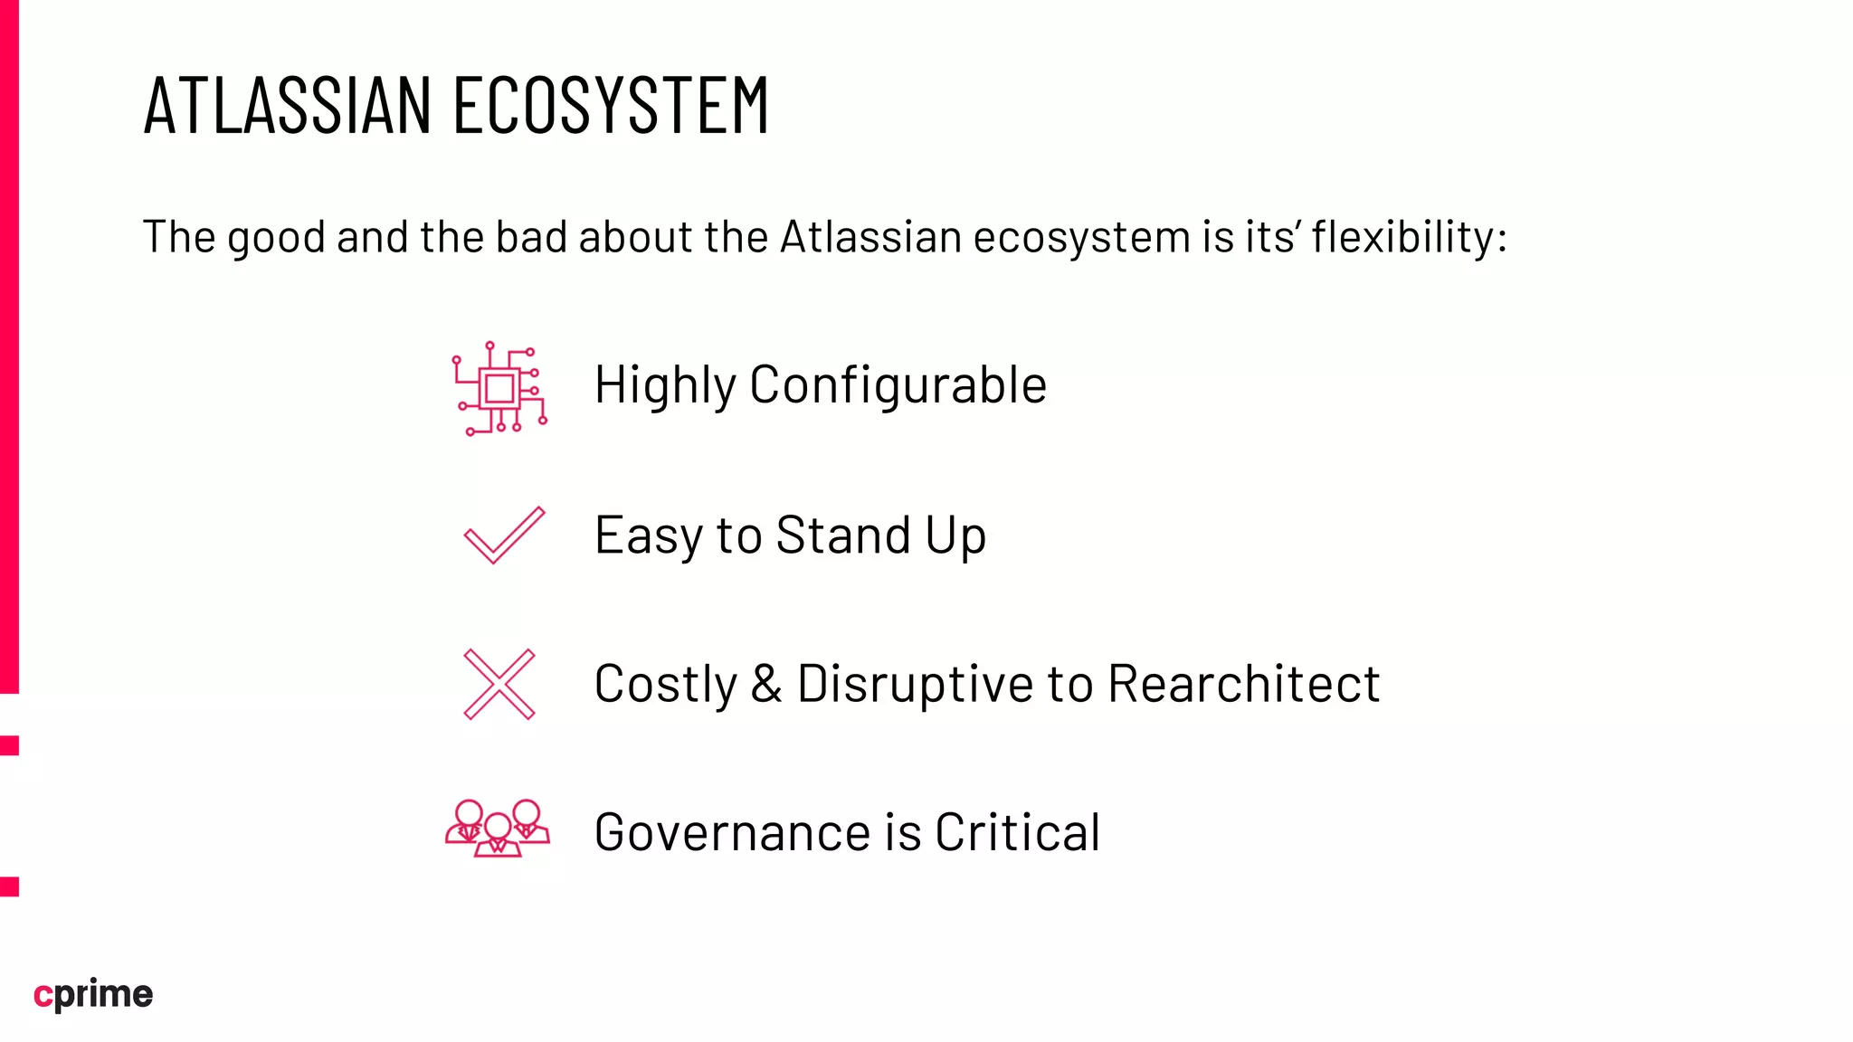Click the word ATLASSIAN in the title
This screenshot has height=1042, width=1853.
[x=288, y=106]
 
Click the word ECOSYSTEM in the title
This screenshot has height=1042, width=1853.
[x=611, y=106]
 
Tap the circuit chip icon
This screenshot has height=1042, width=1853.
[x=499, y=389]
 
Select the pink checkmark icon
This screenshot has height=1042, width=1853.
[x=504, y=535]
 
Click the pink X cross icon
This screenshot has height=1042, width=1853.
[x=499, y=684]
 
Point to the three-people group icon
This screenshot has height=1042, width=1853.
[x=498, y=829]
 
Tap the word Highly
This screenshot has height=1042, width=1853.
[x=665, y=385]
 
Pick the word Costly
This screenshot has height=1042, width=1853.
[x=666, y=685]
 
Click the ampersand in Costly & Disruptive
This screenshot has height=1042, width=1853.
[x=766, y=684]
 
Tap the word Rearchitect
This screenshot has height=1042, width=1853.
[x=1244, y=684]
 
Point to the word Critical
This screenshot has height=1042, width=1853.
[x=1017, y=833]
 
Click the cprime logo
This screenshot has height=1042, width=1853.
[x=93, y=994]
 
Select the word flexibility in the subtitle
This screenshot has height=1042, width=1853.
[x=1402, y=238]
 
